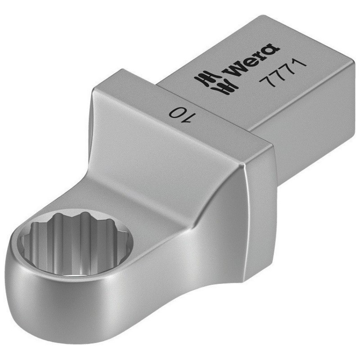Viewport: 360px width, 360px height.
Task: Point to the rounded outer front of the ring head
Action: click(67, 306)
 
